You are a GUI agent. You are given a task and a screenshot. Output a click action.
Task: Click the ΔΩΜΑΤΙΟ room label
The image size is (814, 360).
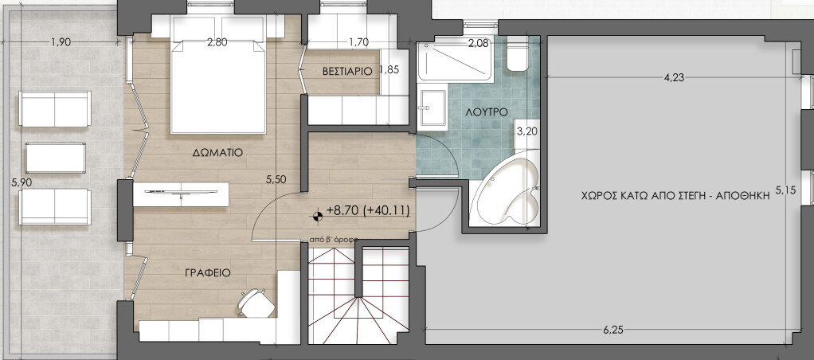217,153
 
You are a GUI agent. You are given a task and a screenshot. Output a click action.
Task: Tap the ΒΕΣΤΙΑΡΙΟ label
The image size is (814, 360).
347,71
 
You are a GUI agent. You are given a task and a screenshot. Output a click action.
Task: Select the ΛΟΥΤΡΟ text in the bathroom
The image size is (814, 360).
487,112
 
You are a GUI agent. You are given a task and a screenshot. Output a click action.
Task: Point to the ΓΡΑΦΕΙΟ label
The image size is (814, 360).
208,272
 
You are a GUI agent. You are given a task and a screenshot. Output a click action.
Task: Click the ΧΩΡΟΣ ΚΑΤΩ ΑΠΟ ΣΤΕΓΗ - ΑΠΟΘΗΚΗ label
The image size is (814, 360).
675,197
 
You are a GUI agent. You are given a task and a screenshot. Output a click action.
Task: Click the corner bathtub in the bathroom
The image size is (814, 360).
504,188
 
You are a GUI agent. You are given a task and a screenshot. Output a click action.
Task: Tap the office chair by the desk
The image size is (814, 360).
256,302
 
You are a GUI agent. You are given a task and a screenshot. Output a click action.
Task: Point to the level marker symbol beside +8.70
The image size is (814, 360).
318,214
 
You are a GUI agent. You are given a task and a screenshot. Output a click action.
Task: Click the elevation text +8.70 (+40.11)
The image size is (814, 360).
369,211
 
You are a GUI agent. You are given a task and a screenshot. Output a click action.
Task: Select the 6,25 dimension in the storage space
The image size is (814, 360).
613,329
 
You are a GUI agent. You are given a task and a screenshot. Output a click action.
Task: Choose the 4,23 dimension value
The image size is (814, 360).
675,78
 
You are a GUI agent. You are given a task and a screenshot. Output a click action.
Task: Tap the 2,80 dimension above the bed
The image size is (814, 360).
217,42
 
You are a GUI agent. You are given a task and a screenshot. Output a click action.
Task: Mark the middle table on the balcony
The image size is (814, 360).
56,158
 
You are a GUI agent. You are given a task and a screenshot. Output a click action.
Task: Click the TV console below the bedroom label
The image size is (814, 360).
181,194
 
